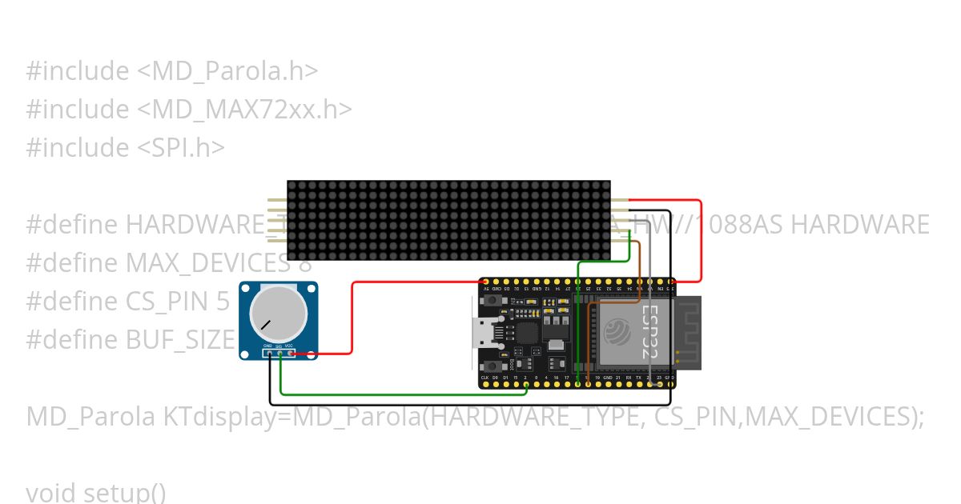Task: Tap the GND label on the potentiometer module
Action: coord(267,346)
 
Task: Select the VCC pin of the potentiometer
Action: coord(289,351)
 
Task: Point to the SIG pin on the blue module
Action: coord(279,351)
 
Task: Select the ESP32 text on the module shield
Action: coord(650,330)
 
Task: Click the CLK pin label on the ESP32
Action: coord(485,377)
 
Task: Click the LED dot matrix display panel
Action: coord(448,220)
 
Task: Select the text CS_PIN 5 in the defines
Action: coord(178,301)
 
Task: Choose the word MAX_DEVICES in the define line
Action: coord(207,262)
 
